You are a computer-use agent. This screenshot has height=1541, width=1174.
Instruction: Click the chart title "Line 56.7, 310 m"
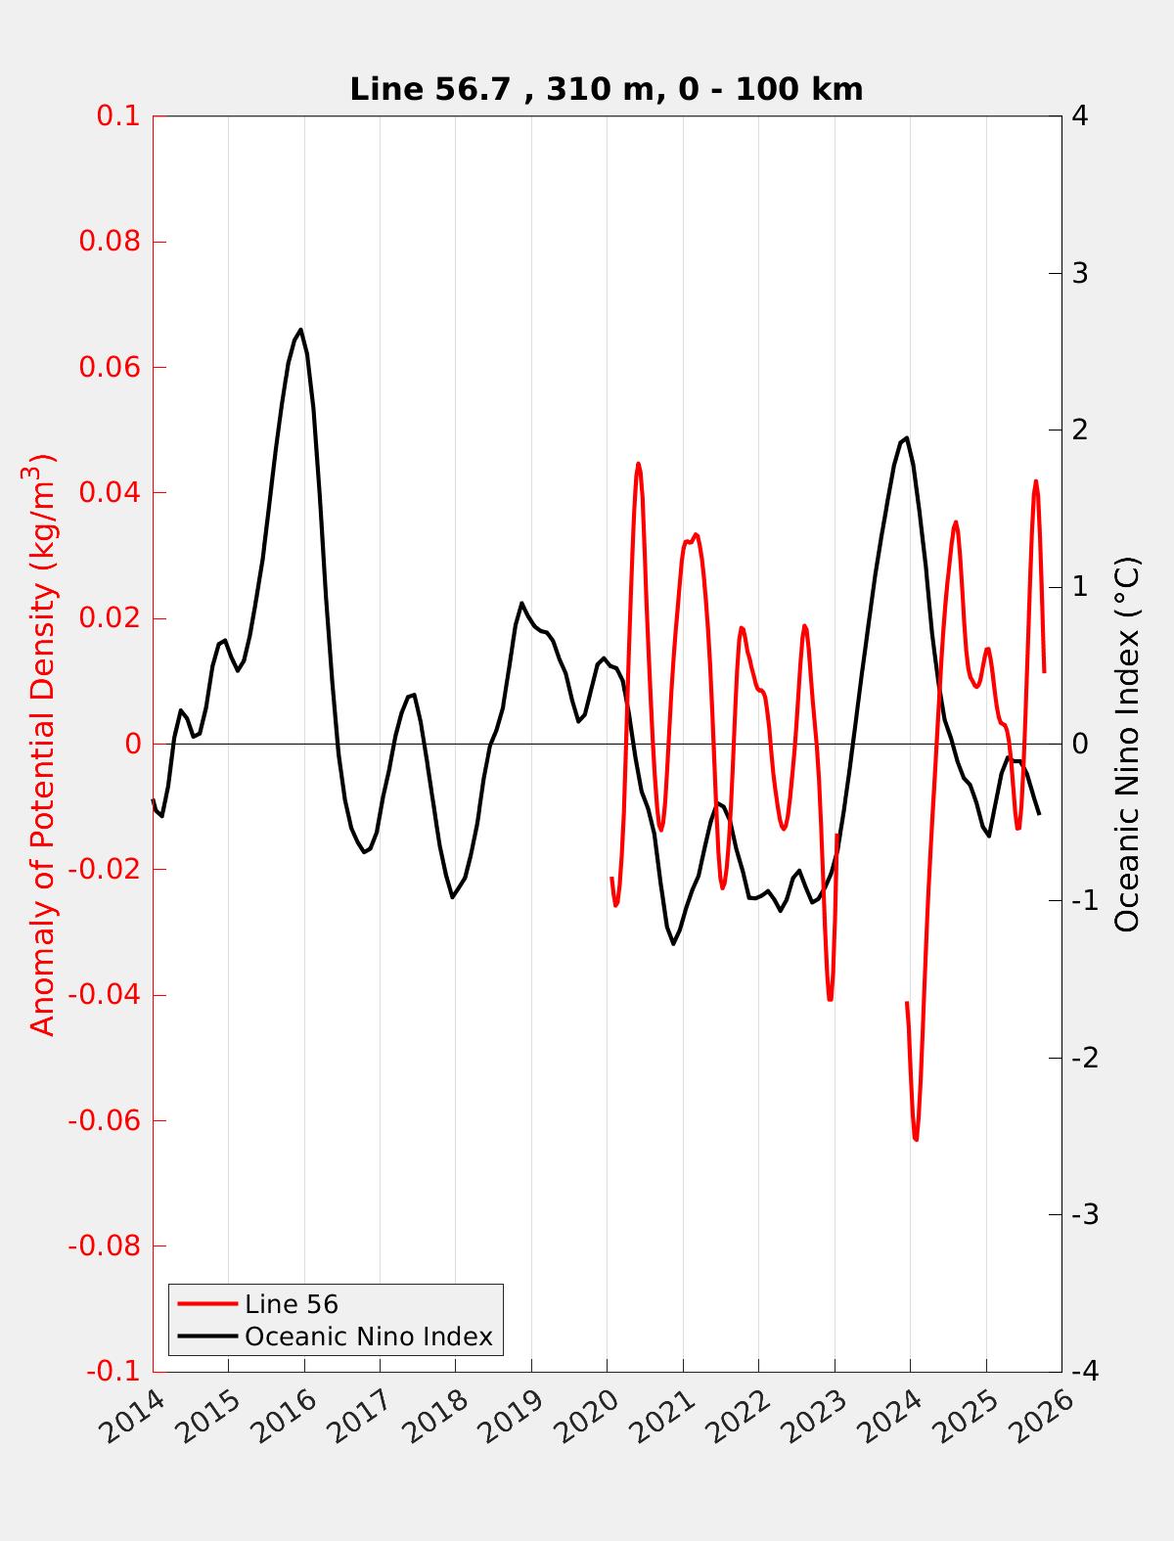(607, 90)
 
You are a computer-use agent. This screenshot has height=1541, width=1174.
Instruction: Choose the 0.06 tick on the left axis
(111, 368)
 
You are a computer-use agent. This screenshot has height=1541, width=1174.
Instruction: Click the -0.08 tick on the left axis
(106, 1246)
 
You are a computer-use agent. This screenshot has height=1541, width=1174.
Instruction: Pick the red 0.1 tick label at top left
(117, 116)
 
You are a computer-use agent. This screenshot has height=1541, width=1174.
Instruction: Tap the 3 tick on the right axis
(1080, 273)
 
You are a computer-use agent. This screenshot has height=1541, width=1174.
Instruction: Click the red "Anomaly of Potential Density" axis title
(42, 744)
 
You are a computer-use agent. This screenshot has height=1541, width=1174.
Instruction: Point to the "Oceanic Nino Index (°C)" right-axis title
(1128, 744)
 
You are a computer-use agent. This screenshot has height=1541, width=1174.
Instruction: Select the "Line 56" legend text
(292, 1304)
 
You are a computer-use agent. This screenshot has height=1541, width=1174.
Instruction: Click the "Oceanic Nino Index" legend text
(369, 1337)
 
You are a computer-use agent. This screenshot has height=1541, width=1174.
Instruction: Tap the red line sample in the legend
(207, 1304)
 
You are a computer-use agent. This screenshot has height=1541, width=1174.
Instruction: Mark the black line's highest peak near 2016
(300, 330)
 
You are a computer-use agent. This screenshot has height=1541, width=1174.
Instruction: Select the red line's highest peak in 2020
(638, 464)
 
